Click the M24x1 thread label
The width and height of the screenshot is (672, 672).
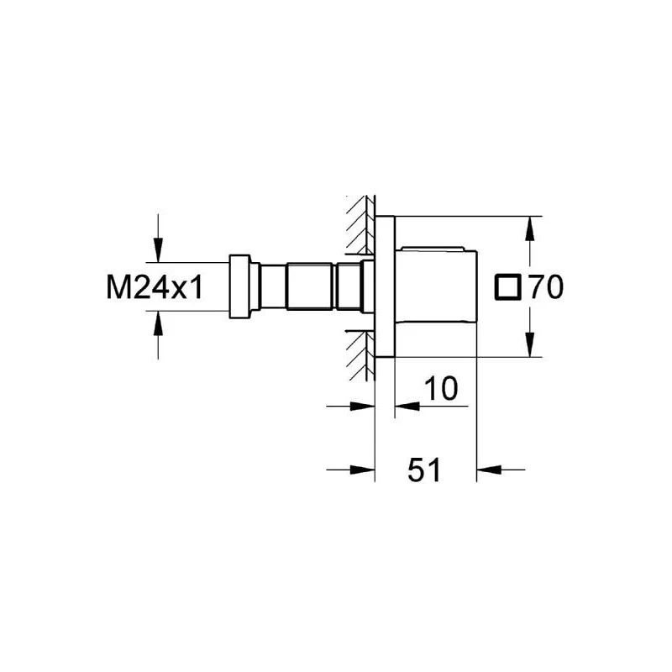[x=155, y=287]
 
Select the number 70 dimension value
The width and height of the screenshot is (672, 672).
[x=545, y=287]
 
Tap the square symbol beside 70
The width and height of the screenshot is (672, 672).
[x=508, y=287]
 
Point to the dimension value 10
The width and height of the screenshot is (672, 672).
[x=441, y=388]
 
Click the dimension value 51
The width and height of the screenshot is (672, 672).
[x=424, y=470]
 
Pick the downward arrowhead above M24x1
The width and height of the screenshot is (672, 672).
[x=159, y=250]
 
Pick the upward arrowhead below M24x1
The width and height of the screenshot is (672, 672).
[x=159, y=323]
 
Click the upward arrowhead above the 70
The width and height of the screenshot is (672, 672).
[x=530, y=228]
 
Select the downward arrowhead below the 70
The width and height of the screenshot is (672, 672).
[x=530, y=344]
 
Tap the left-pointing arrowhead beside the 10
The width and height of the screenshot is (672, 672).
[x=407, y=406]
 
